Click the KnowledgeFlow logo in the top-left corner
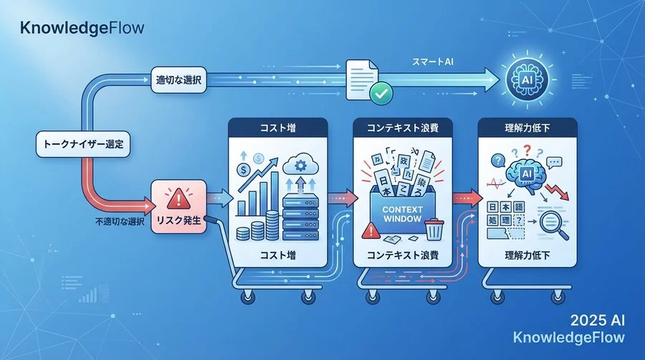click(82, 29)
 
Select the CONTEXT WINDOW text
click(404, 213)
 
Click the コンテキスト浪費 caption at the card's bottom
click(403, 255)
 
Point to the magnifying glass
click(555, 227)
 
